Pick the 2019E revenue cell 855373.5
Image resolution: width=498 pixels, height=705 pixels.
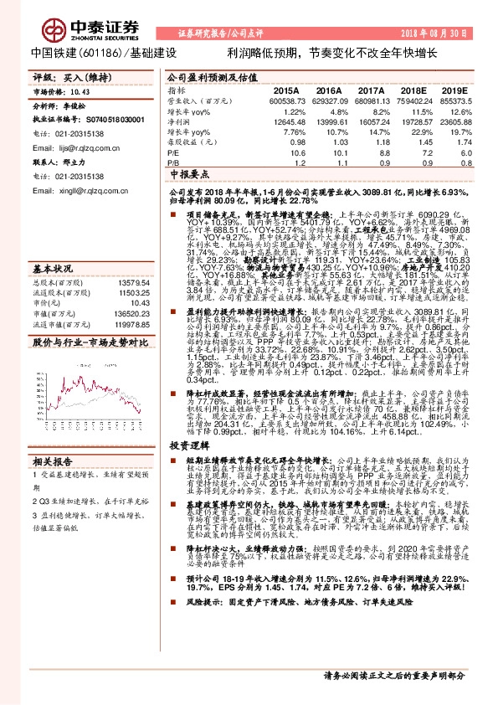(x=459, y=100)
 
